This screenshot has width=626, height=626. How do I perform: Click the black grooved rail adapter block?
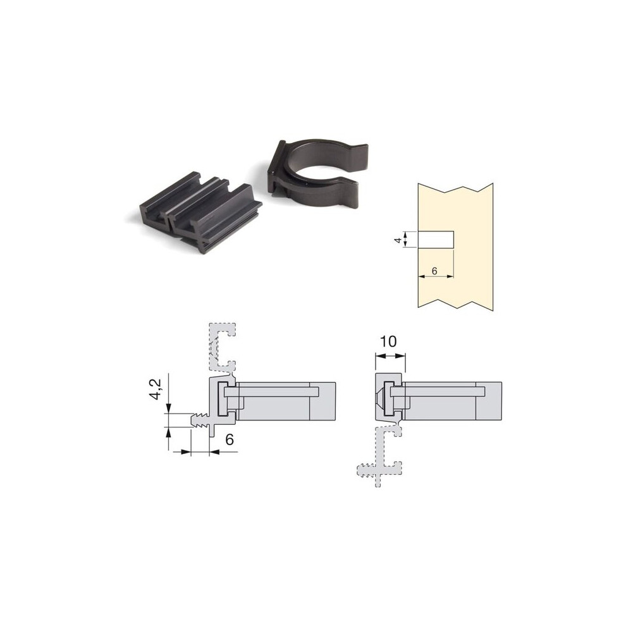(x=200, y=212)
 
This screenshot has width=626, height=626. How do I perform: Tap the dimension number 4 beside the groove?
(x=398, y=240)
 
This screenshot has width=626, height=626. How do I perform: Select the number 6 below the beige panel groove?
(x=434, y=271)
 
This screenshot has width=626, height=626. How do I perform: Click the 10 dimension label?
(x=388, y=341)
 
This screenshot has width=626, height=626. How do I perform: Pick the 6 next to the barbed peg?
(x=229, y=439)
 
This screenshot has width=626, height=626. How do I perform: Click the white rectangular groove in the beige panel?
(x=436, y=240)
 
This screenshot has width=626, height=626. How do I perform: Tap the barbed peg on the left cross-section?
(x=200, y=420)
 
